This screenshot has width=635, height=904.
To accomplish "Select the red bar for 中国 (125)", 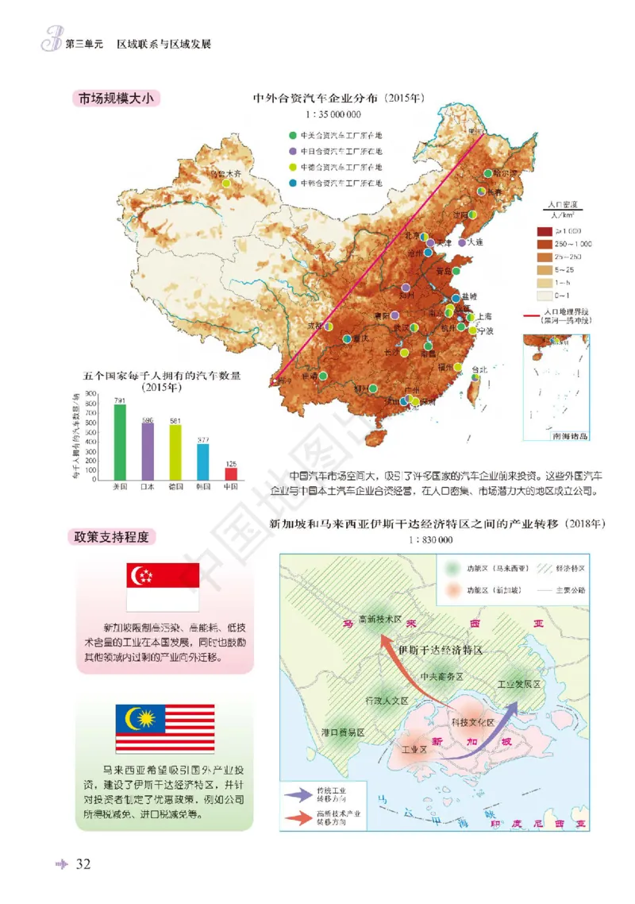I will point(232,473).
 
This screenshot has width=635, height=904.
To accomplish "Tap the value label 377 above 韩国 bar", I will point(203,439).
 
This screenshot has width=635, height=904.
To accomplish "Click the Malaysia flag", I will point(165,728).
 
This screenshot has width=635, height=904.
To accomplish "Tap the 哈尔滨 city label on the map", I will point(502,172).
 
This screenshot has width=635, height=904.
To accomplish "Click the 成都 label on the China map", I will point(314,326).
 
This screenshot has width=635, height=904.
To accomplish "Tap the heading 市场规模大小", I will point(116,99).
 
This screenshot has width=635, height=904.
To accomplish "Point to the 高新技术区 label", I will point(380,620).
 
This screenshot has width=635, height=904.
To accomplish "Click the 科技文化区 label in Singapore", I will point(472,722).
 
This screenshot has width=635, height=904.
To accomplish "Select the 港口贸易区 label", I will point(342,732).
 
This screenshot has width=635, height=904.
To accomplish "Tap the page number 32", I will point(83,864).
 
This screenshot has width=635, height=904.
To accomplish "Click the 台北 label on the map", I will point(481,369).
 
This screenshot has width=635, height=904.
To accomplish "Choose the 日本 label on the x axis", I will point(148,485).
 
